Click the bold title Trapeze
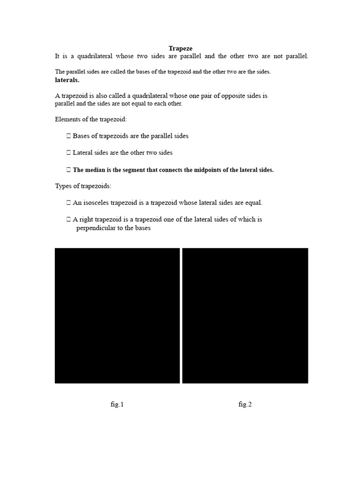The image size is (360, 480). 180,48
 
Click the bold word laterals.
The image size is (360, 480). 67,80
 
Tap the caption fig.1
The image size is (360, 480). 117,405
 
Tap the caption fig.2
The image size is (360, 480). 245,405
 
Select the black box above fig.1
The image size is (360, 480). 117,315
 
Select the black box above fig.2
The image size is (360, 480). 245,315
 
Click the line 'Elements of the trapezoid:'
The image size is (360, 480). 91,119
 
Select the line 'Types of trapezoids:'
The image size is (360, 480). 83,186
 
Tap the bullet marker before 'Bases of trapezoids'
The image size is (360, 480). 68,136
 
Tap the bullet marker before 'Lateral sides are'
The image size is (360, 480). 68,153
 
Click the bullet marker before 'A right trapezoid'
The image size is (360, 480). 68,219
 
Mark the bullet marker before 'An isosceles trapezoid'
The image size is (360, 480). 68,203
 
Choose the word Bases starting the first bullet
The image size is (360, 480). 82,136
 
